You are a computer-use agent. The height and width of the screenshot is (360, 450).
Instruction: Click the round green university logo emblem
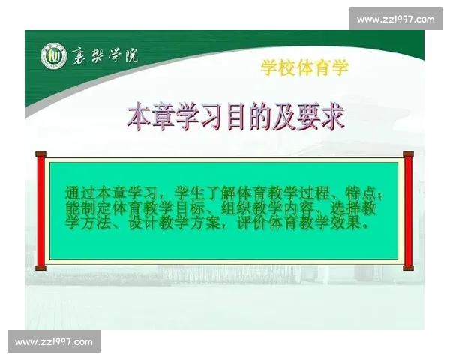pyautogui.click(x=53, y=55)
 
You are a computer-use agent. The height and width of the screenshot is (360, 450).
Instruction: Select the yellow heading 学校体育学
pyautogui.click(x=304, y=68)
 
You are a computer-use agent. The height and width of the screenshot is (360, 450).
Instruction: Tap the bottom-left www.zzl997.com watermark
pyautogui.click(x=54, y=342)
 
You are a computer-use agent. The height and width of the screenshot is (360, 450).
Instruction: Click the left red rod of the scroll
pyautogui.click(x=40, y=211)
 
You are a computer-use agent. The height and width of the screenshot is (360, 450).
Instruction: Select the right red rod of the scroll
pyautogui.click(x=409, y=211)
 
